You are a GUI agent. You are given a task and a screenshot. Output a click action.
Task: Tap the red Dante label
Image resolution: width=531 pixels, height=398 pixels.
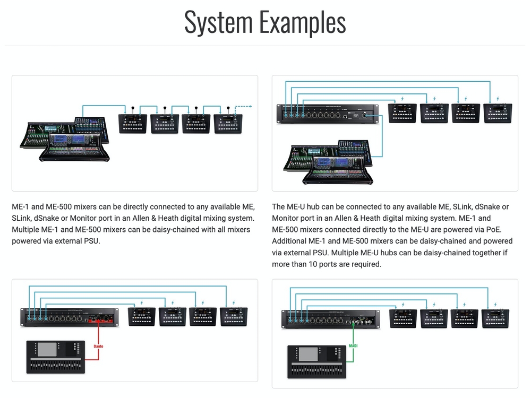98,346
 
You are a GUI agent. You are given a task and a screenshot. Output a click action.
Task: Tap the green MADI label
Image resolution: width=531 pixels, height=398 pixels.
353,346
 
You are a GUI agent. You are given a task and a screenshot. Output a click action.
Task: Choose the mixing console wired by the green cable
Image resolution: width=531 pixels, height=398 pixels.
316,362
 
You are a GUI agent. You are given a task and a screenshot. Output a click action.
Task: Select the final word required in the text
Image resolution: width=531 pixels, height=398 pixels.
364,264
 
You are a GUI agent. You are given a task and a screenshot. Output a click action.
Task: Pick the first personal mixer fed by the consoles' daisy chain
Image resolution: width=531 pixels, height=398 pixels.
133,123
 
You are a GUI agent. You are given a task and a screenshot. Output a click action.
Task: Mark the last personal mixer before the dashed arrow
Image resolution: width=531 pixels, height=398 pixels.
228,123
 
